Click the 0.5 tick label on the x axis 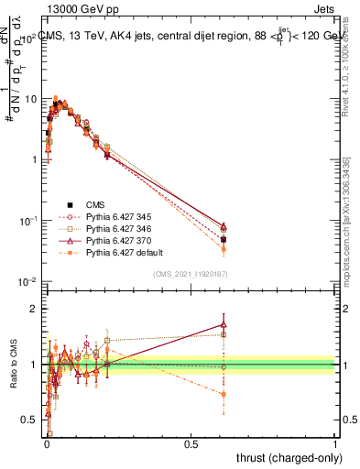point(191,443)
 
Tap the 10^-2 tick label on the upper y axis point(27,281)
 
